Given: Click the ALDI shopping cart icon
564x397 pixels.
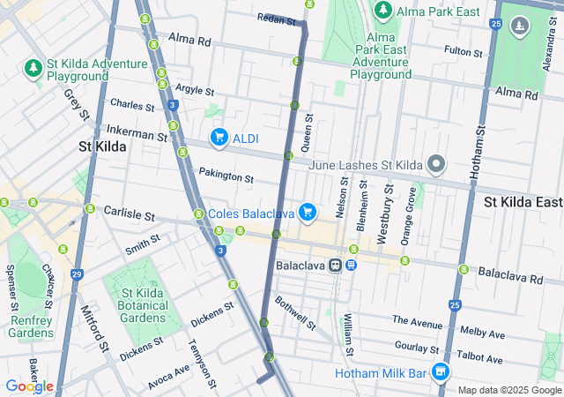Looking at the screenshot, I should point(219,138).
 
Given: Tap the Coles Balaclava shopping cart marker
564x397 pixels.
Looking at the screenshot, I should point(307,212).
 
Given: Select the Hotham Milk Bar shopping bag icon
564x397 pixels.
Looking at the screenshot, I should point(440,373).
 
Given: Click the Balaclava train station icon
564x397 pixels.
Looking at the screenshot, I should point(336,265).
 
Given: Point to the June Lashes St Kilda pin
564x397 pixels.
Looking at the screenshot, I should point(435,164).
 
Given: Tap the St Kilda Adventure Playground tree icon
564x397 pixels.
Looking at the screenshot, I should point(33,68).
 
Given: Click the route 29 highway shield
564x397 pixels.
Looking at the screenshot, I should point(77,274).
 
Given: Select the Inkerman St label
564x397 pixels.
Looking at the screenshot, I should point(137,134).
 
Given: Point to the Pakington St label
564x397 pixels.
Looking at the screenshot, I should point(226,176).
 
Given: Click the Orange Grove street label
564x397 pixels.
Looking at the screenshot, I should point(409,215).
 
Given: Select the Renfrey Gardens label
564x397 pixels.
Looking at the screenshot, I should point(31,326).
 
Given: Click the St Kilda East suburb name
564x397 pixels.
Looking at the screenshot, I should point(523,202).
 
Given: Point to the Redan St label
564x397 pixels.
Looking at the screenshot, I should point(276,19).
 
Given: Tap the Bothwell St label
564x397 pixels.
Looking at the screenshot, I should point(294,312).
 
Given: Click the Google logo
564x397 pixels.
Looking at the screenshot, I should point(29,386).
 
